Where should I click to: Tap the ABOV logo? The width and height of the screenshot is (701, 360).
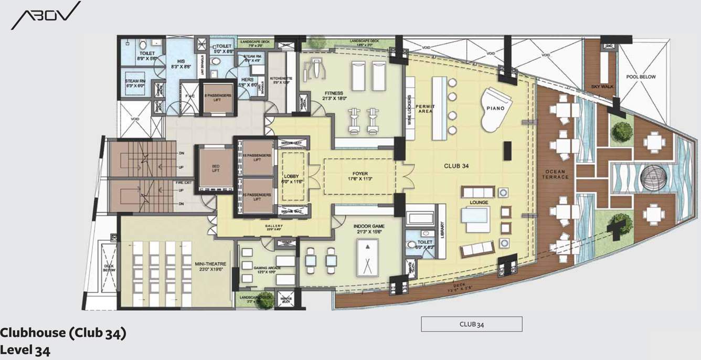[46, 15]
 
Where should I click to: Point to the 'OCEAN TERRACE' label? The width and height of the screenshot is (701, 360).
[555, 174]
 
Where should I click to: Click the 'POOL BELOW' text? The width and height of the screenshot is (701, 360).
[641, 77]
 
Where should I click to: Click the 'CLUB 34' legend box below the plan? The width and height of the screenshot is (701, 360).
[471, 324]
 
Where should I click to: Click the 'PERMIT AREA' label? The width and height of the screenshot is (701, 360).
[424, 109]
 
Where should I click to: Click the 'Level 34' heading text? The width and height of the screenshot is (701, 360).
[25, 349]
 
